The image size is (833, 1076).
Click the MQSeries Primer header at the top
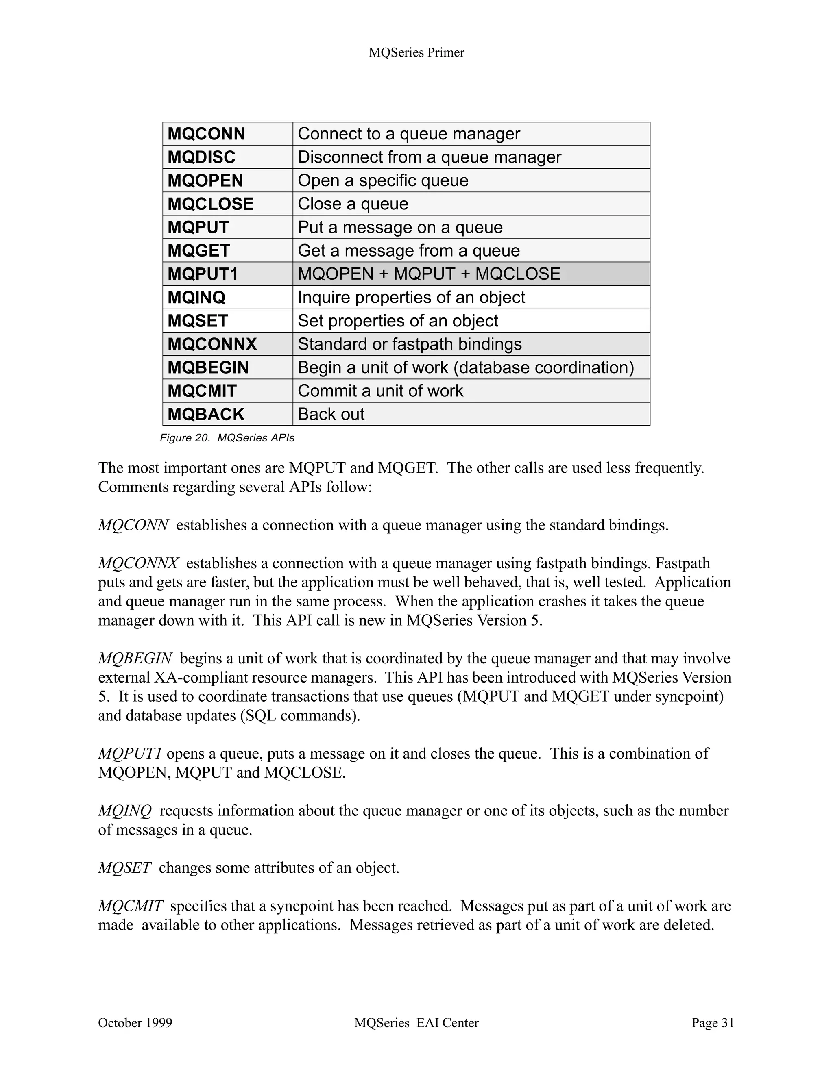pyautogui.click(x=416, y=53)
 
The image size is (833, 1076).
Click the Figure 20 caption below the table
pyautogui.click(x=227, y=438)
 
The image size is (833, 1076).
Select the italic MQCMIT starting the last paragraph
pyautogui.click(x=130, y=906)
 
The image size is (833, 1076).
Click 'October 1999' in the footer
pyautogui.click(x=135, y=1023)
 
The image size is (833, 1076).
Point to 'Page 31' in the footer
pyautogui.click(x=712, y=1023)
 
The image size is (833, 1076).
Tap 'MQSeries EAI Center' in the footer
pyautogui.click(x=416, y=1023)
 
